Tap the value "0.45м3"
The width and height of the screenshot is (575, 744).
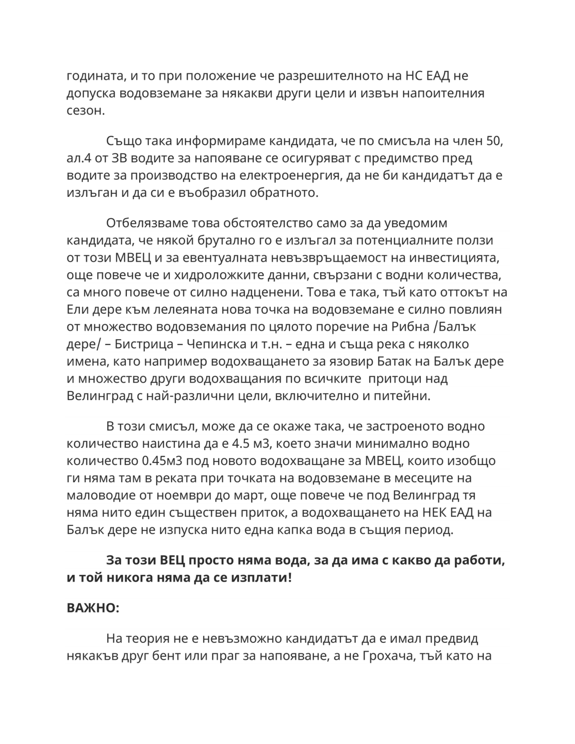(165, 461)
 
